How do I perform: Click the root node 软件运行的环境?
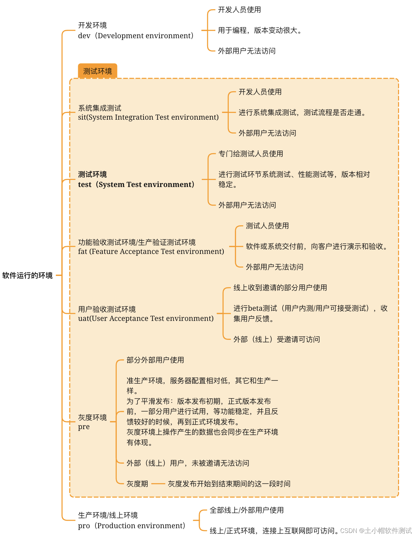pyautogui.click(x=27, y=276)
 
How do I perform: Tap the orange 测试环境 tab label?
pyautogui.click(x=97, y=71)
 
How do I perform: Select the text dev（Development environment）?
pyautogui.click(x=136, y=36)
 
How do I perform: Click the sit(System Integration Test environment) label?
pyautogui.click(x=148, y=117)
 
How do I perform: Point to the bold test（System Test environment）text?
pyautogui.click(x=136, y=185)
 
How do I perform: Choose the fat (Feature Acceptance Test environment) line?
pyautogui.click(x=151, y=252)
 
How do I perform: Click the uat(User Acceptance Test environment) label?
pyautogui.click(x=146, y=319)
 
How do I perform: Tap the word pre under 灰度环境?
pyautogui.click(x=84, y=427)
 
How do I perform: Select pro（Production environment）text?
pyautogui.click(x=132, y=526)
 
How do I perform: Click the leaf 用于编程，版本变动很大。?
pyautogui.click(x=260, y=30)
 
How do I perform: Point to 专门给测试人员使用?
pyautogui.click(x=251, y=154)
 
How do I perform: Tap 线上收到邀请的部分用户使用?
pyautogui.click(x=280, y=288)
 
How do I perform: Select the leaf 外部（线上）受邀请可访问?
pyautogui.click(x=277, y=340)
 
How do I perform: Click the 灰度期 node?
pyautogui.click(x=137, y=484)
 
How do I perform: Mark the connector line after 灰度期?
pyautogui.click(x=158, y=484)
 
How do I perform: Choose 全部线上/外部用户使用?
pyautogui.click(x=247, y=510)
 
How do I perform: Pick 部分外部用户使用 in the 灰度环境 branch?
pyautogui.click(x=155, y=360)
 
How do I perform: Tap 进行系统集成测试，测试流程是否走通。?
pyautogui.click(x=303, y=113)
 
